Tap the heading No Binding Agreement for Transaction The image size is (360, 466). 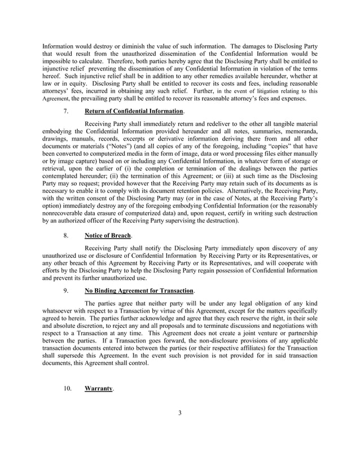[x=138, y=291]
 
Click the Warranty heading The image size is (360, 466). [x=98, y=389]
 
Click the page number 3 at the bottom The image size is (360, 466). [x=180, y=413]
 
